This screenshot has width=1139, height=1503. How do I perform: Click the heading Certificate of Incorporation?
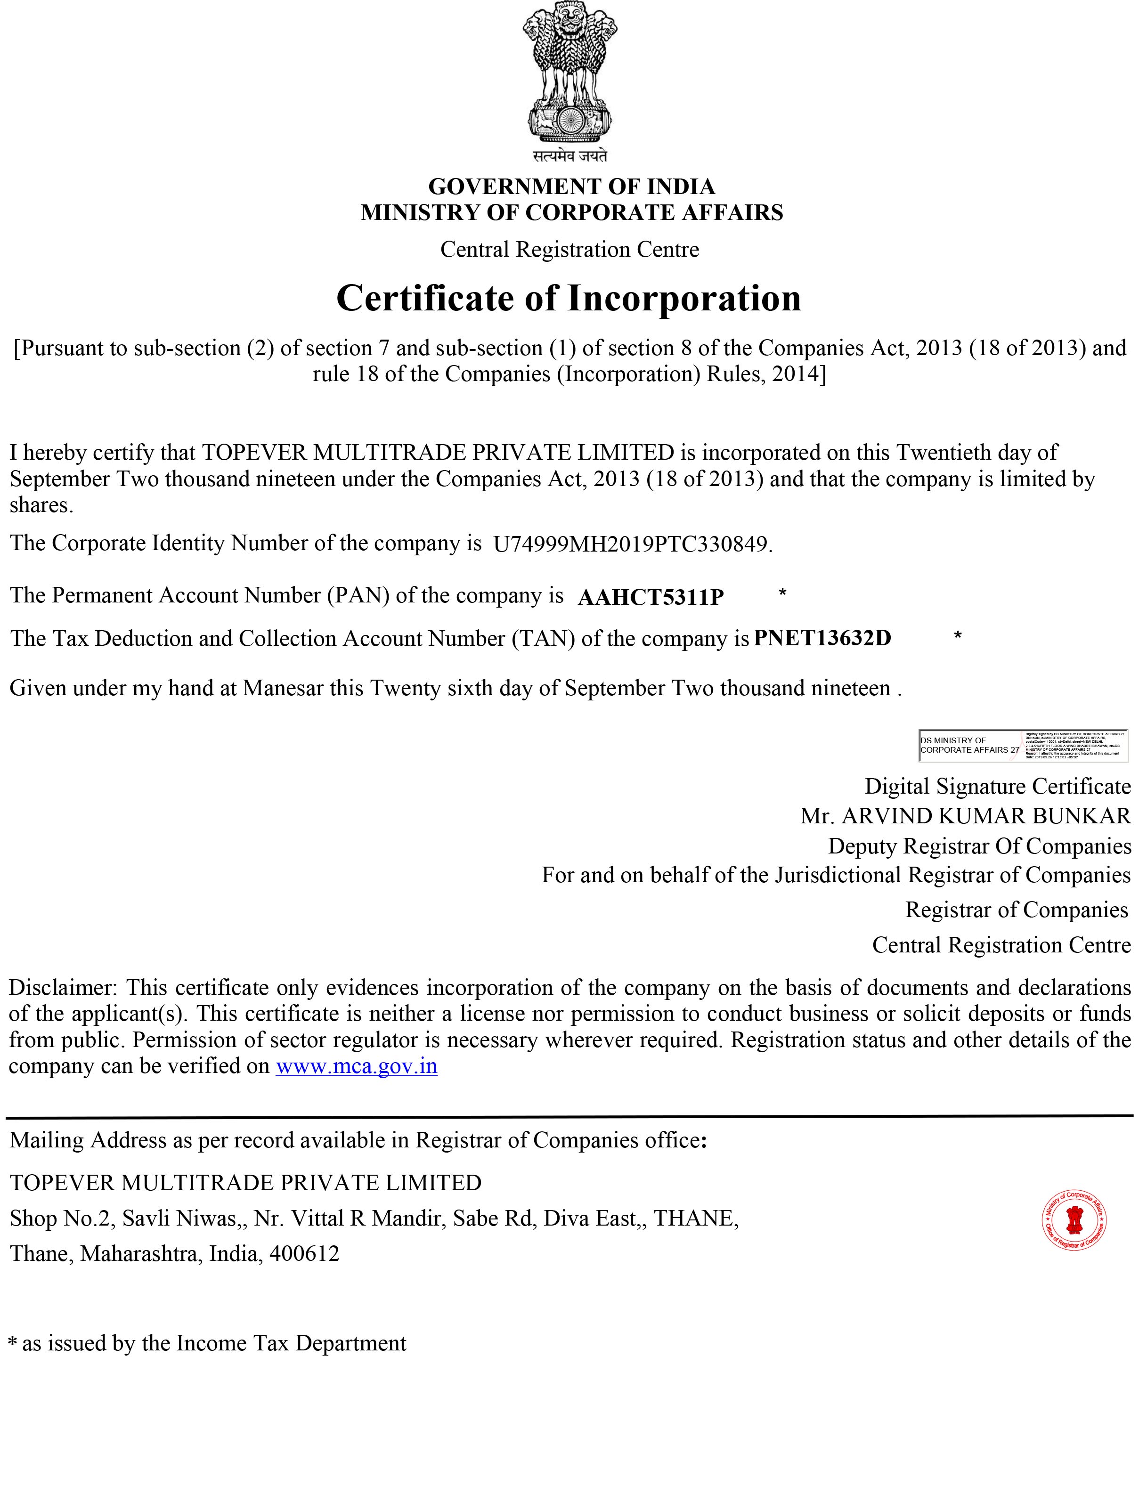(569, 298)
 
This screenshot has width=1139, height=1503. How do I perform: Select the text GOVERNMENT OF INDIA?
(571, 186)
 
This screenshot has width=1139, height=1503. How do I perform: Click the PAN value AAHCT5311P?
(651, 597)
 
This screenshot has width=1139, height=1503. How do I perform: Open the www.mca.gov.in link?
(356, 1066)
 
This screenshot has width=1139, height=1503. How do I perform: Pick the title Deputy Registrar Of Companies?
(979, 846)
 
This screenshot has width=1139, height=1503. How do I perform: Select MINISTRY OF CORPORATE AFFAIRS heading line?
(571, 213)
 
